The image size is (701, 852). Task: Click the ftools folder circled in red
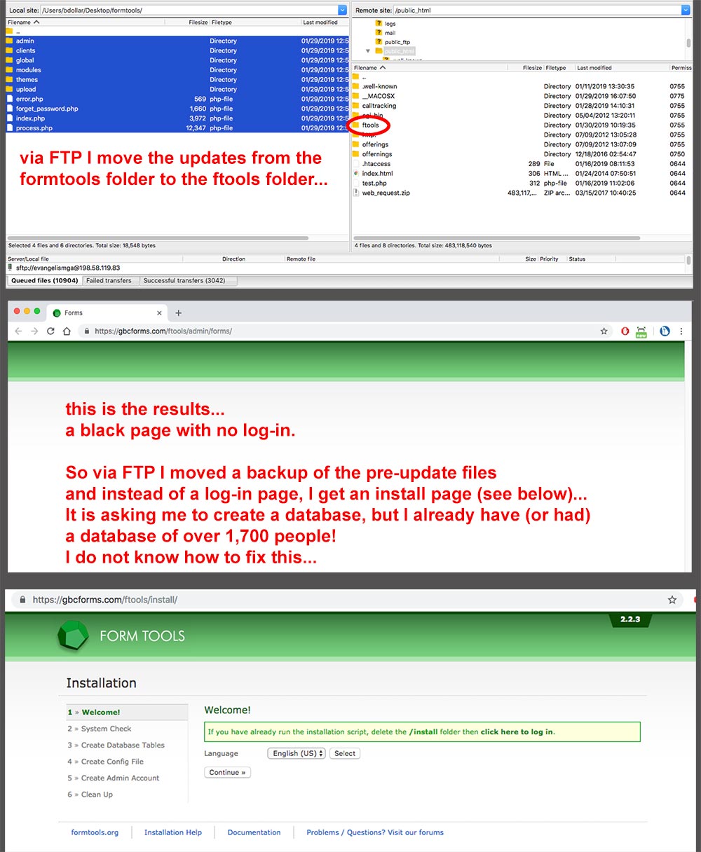point(370,125)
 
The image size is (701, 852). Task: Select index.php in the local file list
point(30,118)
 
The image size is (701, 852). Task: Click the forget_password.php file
point(46,109)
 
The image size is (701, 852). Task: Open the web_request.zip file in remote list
point(386,193)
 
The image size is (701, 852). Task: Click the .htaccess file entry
point(376,164)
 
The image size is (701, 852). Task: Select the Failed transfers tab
point(109,280)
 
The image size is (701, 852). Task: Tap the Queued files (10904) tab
point(45,280)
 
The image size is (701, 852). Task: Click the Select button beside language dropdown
point(345,753)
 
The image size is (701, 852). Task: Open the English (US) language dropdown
point(297,753)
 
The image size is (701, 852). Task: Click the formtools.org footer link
point(95,832)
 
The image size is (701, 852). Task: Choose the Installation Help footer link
point(172,832)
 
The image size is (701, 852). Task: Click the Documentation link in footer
point(254,832)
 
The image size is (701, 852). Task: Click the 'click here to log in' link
point(517,731)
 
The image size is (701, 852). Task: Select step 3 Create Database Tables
point(123,745)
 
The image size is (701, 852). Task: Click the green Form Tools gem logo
point(72,635)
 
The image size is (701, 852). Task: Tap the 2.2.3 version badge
point(629,619)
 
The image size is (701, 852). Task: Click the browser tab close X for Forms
point(160,313)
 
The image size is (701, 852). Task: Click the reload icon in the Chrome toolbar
point(50,331)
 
